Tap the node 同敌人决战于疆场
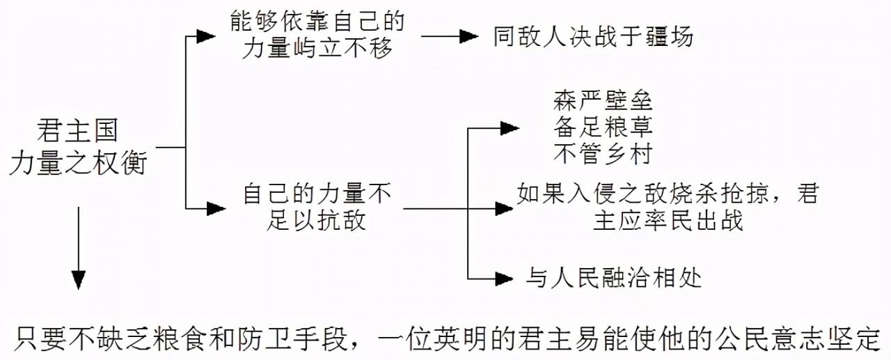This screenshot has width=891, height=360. click(x=593, y=36)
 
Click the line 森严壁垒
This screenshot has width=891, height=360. click(x=603, y=102)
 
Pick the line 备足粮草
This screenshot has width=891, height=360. click(x=603, y=127)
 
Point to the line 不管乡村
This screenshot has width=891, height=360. click(x=603, y=153)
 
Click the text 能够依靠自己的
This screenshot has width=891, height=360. click(x=317, y=22)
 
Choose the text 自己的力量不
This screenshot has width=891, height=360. click(x=317, y=193)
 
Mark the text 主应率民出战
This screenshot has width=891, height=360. click(x=668, y=220)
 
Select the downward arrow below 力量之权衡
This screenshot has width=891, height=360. click(x=79, y=279)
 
